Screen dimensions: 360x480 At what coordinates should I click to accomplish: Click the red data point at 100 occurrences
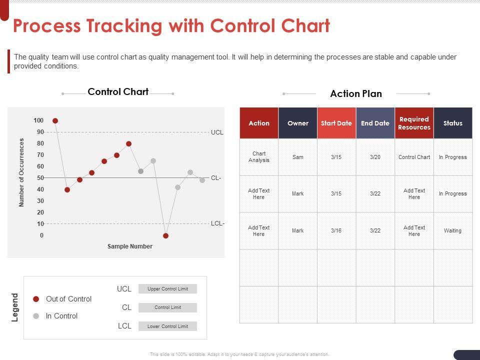pyautogui.click(x=55, y=121)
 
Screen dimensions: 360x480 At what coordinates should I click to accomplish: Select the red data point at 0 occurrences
pyautogui.click(x=166, y=235)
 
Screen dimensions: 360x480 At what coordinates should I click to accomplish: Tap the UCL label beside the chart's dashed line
pyautogui.click(x=217, y=132)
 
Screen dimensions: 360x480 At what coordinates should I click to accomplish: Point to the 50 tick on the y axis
pyautogui.click(x=40, y=178)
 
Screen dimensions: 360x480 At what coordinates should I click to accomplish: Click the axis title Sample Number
pyautogui.click(x=130, y=246)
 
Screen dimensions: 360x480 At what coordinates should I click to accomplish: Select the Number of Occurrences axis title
pyautogui.click(x=22, y=172)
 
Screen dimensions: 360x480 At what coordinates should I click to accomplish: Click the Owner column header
pyautogui.click(x=298, y=123)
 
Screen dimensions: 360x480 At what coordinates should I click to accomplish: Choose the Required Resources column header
pyautogui.click(x=414, y=123)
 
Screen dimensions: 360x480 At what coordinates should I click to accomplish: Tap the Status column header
pyautogui.click(x=453, y=123)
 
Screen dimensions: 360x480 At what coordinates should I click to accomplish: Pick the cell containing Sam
pyautogui.click(x=298, y=157)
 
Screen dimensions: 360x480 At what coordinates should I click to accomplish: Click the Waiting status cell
pyautogui.click(x=453, y=230)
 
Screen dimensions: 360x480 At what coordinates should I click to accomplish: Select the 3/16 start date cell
pyautogui.click(x=336, y=230)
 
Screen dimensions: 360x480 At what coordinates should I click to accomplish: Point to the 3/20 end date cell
pyautogui.click(x=375, y=157)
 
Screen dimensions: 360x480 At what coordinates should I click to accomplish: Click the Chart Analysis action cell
pyautogui.click(x=259, y=157)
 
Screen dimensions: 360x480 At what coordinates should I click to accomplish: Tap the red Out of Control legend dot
pyautogui.click(x=36, y=299)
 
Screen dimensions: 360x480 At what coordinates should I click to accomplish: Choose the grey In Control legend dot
pyautogui.click(x=36, y=316)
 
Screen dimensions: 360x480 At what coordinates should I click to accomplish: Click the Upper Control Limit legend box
pyautogui.click(x=167, y=289)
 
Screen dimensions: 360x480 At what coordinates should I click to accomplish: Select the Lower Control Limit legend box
pyautogui.click(x=167, y=326)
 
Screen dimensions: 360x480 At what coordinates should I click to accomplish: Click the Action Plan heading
pyautogui.click(x=356, y=94)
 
